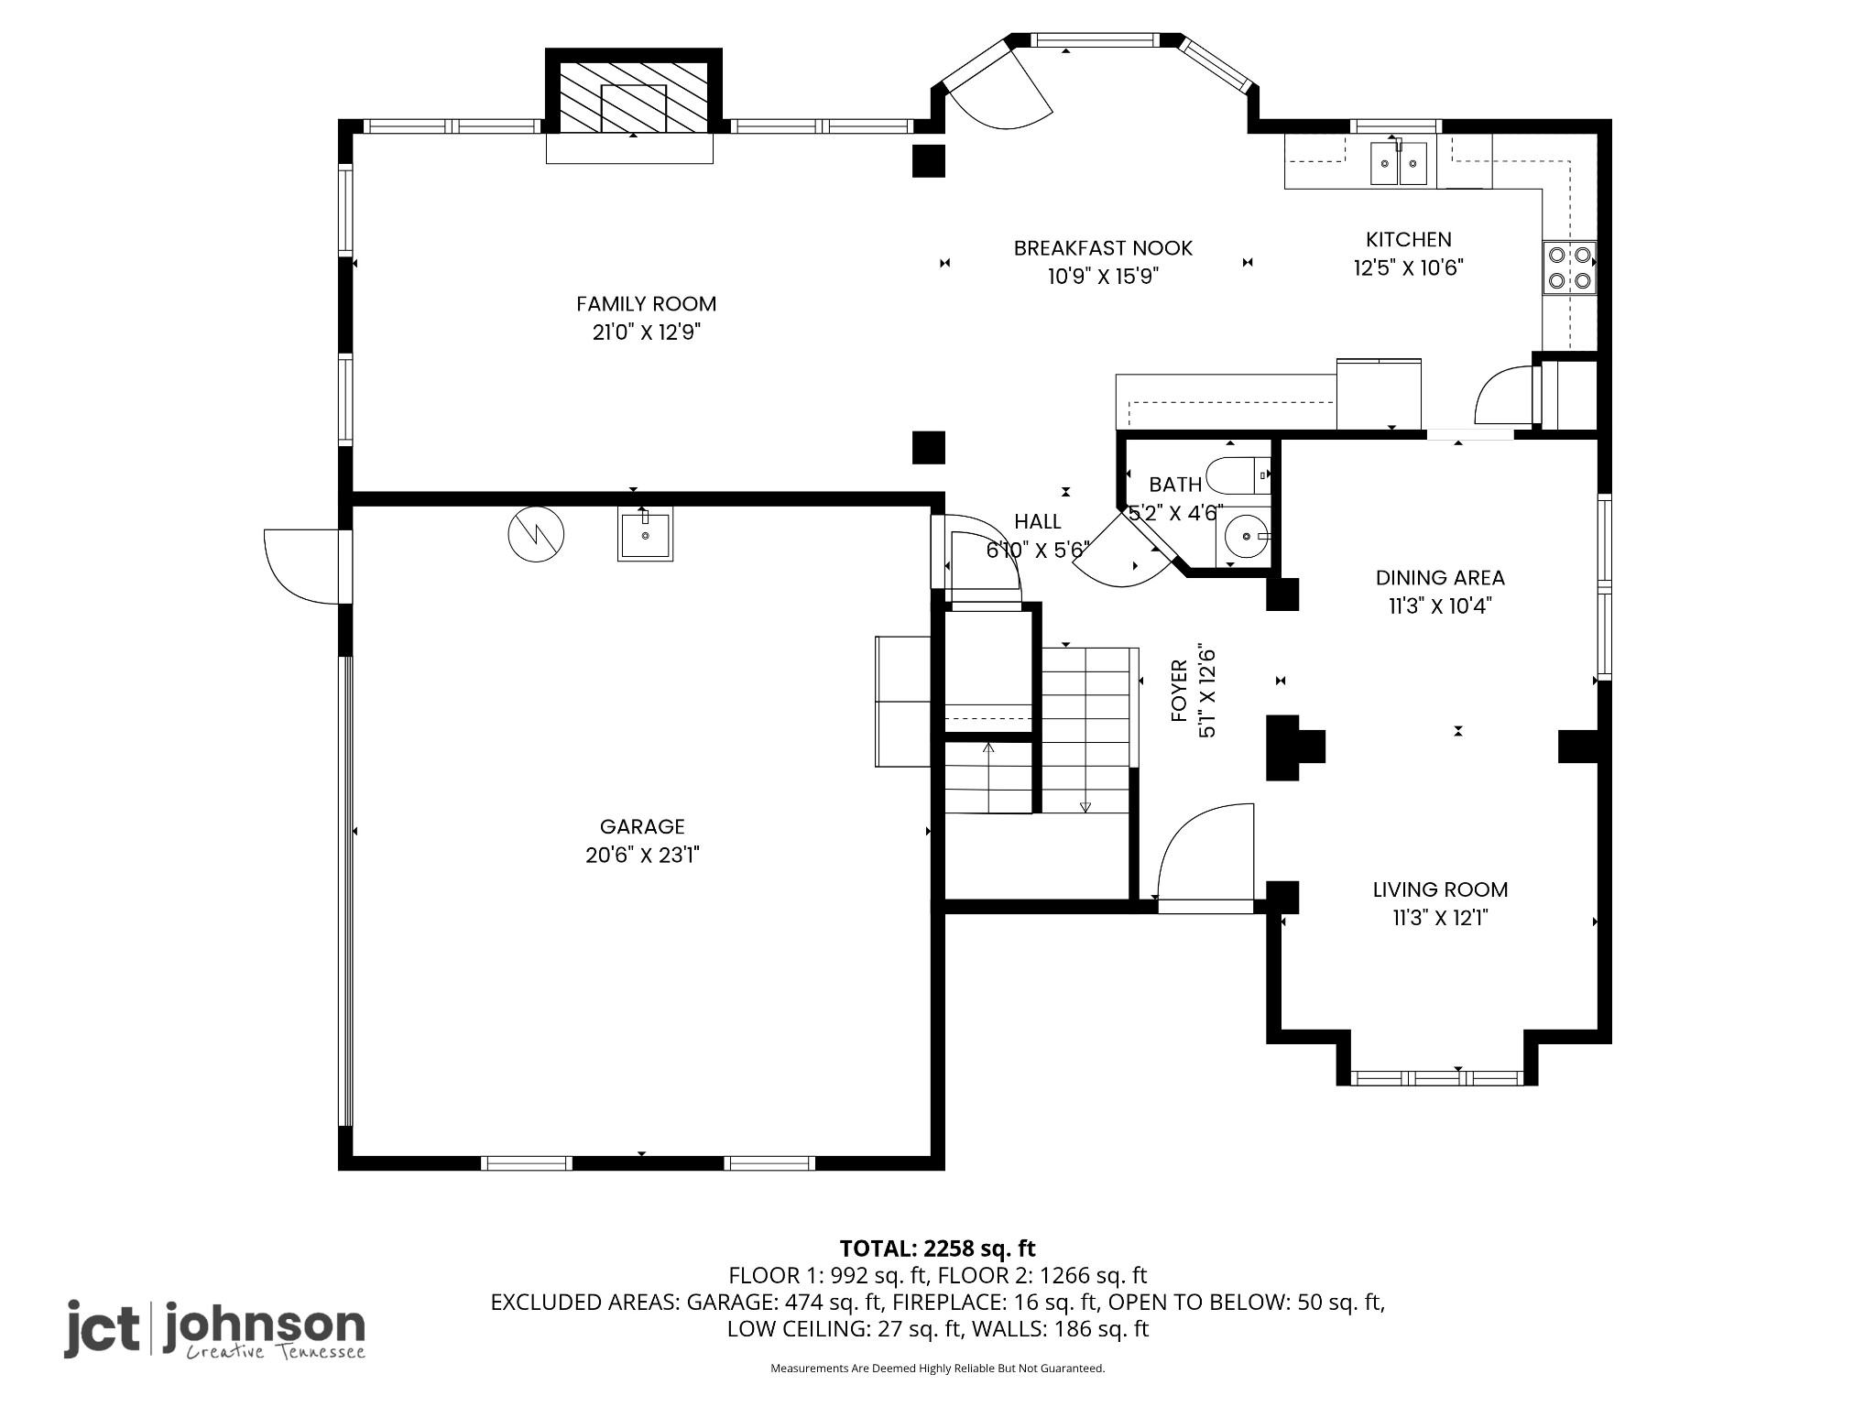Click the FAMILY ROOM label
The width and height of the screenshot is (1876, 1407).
click(x=646, y=303)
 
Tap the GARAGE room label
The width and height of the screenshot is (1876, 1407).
click(x=642, y=826)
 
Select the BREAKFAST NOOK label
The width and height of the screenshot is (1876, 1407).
click(x=1103, y=247)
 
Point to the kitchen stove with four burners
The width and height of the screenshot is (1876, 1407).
click(x=1570, y=267)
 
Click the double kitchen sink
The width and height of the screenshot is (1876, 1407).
click(x=1399, y=163)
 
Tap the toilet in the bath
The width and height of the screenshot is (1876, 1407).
click(x=1238, y=475)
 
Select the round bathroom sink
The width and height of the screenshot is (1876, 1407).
click(x=1248, y=534)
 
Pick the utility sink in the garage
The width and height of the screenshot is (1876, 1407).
click(x=645, y=534)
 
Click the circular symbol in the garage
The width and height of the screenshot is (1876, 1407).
click(x=536, y=534)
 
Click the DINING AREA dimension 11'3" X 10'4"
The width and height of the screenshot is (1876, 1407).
click(x=1440, y=605)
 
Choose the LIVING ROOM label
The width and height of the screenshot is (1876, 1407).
click(x=1440, y=889)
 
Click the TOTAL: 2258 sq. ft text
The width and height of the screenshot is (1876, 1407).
click(x=937, y=1248)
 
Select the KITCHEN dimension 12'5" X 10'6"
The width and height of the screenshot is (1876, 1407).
click(x=1409, y=267)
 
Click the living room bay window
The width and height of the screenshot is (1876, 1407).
click(x=1436, y=1078)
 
